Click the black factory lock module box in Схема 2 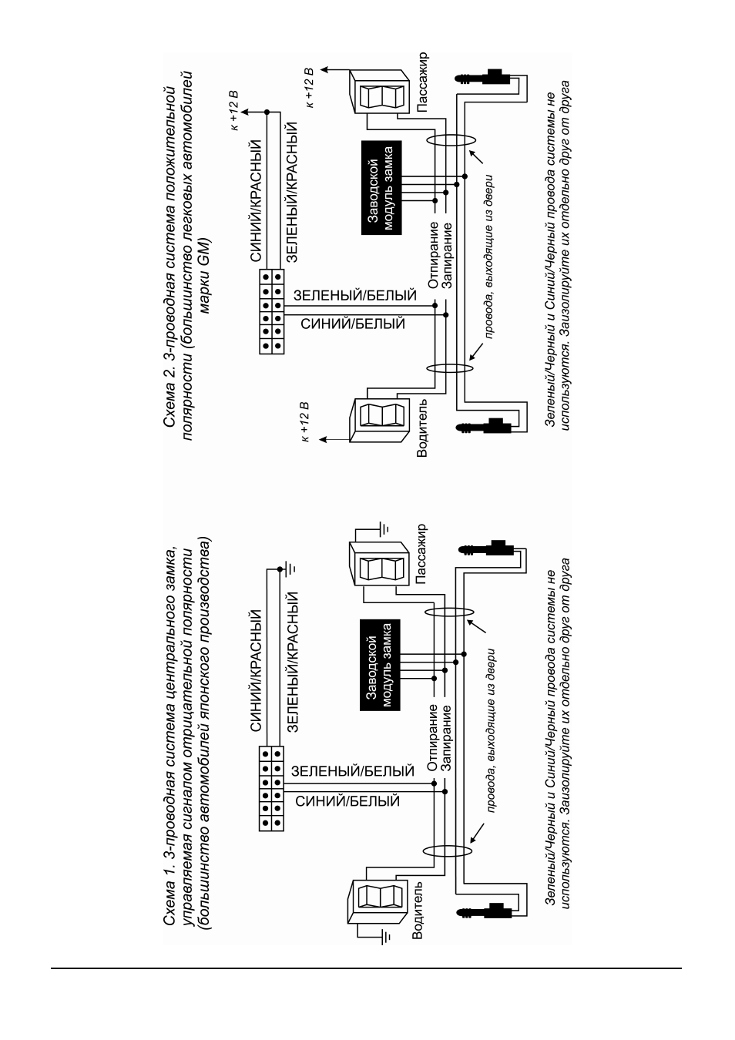381,187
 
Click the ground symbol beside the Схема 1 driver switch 385,938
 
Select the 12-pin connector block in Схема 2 272,311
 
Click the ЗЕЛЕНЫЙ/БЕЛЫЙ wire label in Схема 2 355,295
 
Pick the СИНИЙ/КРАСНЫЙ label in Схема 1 257,671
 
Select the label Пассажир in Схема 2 421,82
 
